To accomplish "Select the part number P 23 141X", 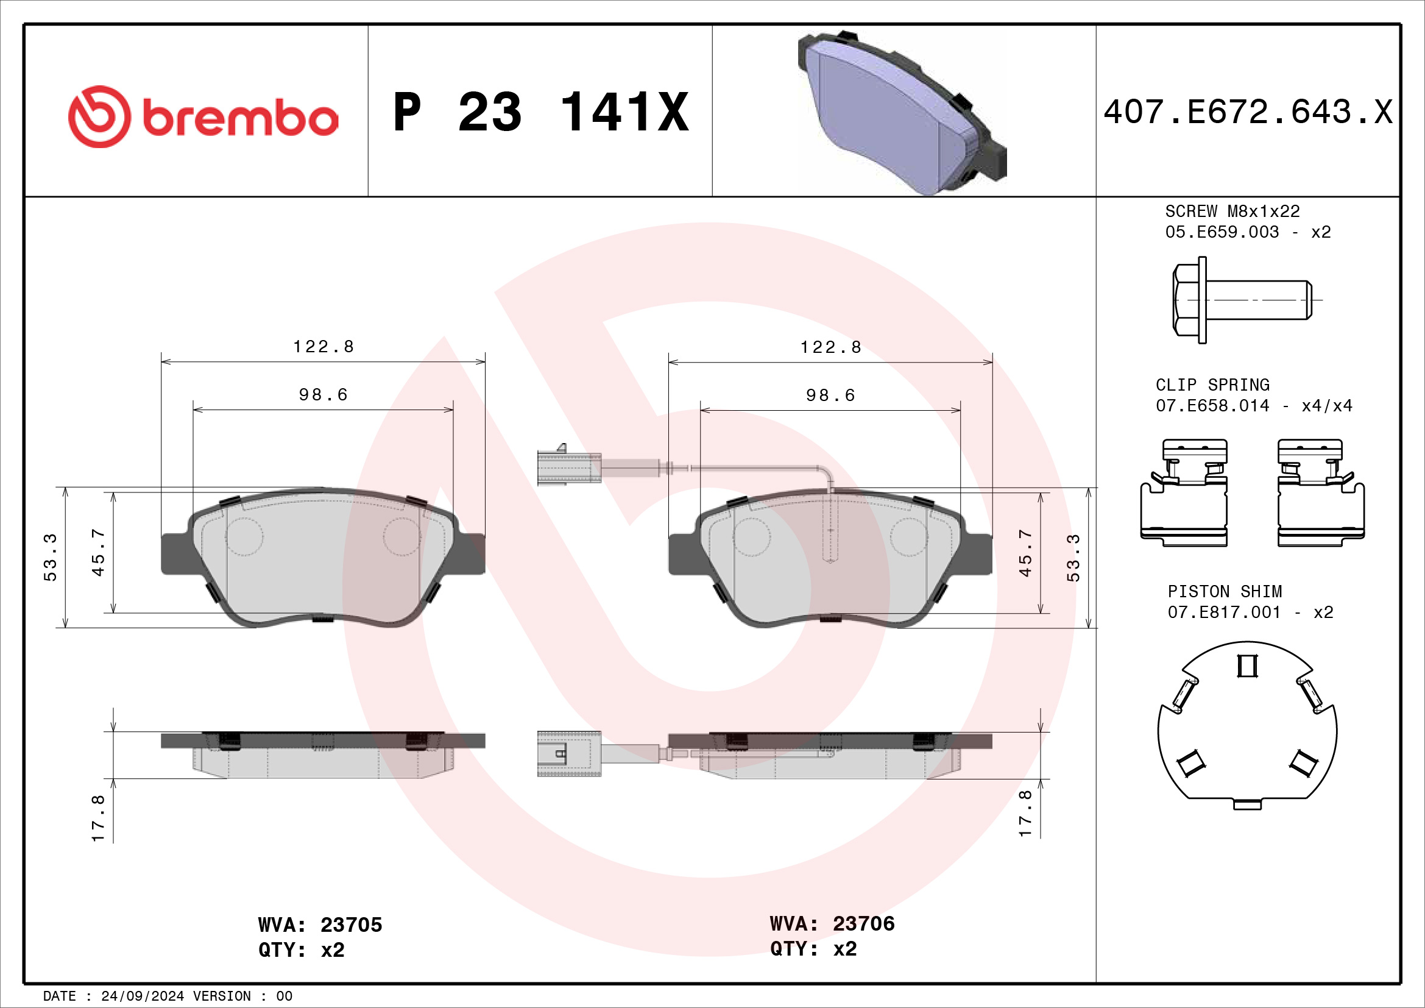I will click(x=540, y=112).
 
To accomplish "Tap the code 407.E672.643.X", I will click(x=1248, y=112).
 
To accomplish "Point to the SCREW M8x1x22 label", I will click(x=1232, y=211).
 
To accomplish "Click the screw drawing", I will click(x=1242, y=300).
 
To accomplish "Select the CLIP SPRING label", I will click(x=1212, y=385).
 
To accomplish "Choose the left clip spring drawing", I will click(x=1184, y=494).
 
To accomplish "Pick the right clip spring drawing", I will click(x=1320, y=494).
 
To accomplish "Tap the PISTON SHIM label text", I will click(x=1225, y=592).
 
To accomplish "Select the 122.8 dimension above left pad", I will click(x=324, y=346).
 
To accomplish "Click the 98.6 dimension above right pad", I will click(x=830, y=396).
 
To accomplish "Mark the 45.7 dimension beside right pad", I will click(x=1025, y=552).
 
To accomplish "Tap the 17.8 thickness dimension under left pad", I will click(x=98, y=818).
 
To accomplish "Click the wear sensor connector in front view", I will click(x=568, y=466).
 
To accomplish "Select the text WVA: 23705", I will click(x=320, y=925).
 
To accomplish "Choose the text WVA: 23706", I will click(x=832, y=923).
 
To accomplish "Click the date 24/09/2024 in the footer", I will click(x=142, y=996).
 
